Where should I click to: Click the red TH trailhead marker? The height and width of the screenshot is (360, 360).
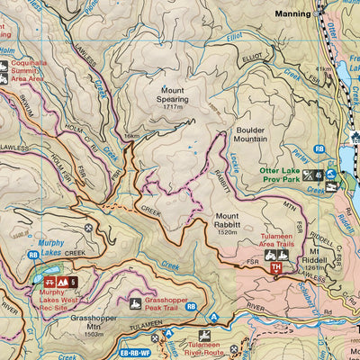(277, 268)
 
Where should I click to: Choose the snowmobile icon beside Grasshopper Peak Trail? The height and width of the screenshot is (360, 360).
(136, 303)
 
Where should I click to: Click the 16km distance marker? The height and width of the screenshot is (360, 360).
(133, 137)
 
